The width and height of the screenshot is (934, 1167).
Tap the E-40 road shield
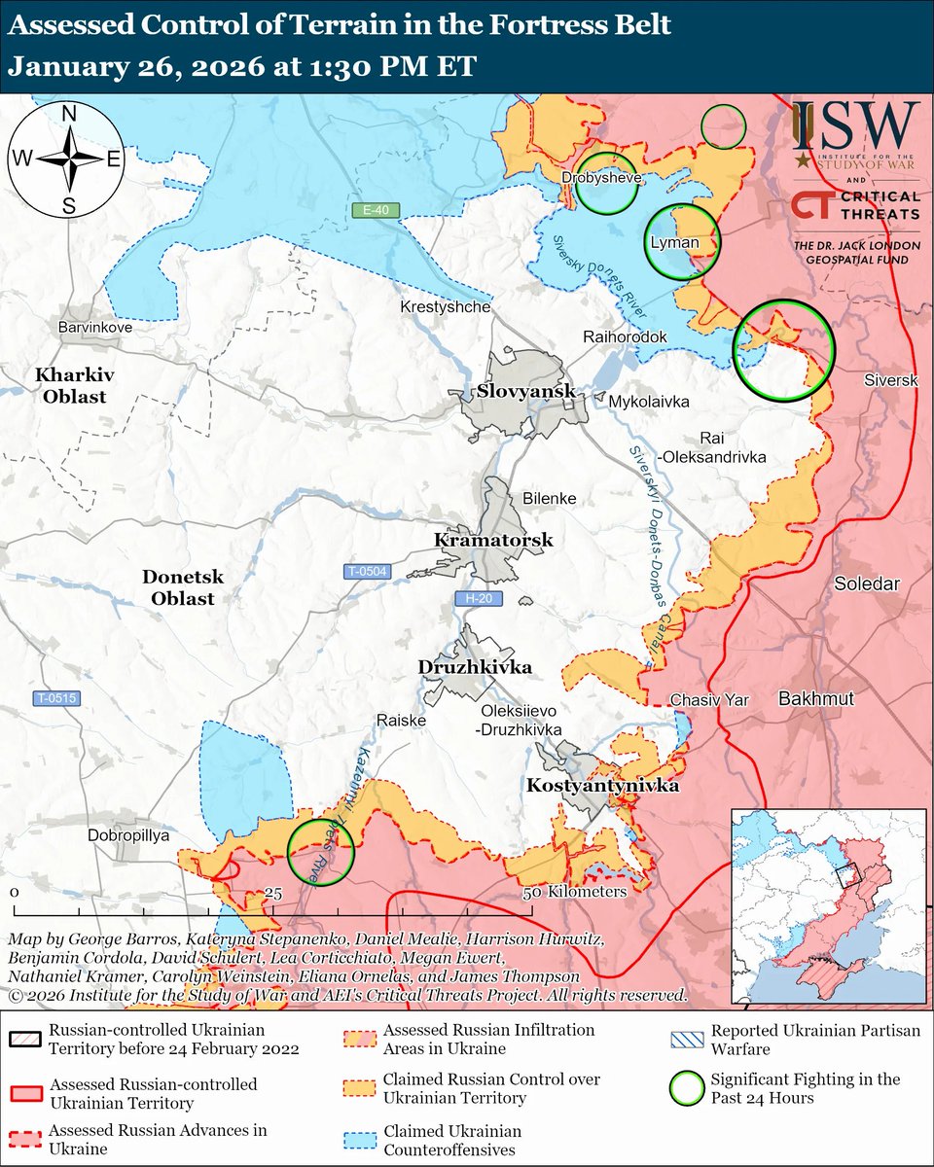376,211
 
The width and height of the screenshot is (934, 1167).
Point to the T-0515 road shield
55,698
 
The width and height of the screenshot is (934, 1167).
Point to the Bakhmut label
815,699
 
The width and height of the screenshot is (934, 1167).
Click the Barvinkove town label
94,328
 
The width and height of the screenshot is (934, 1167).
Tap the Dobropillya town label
128,835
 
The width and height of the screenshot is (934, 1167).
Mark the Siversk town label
890,380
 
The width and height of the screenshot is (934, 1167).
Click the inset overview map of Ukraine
828,905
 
